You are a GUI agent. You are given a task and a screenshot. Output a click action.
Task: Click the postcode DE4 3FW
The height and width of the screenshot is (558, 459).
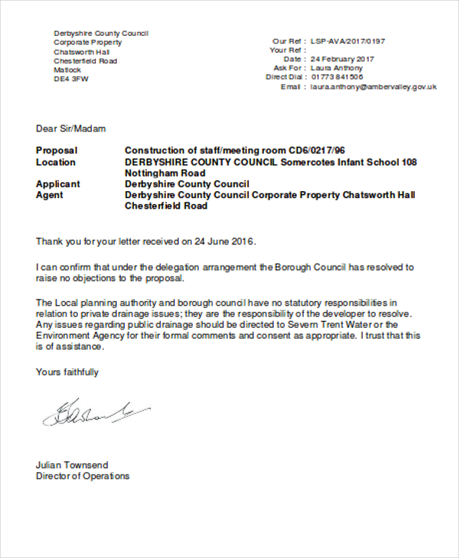pos(71,79)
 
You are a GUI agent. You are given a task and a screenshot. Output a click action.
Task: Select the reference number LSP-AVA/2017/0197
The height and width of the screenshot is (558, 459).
pos(348,41)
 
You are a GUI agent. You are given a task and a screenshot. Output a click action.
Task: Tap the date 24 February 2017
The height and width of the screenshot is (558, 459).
pos(342,59)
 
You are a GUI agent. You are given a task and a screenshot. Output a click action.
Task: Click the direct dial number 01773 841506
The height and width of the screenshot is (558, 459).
pos(337,77)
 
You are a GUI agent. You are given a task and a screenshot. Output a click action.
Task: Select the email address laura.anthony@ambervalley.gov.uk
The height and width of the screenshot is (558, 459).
pos(373,87)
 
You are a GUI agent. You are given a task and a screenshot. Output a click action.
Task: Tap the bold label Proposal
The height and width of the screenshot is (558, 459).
pos(57,151)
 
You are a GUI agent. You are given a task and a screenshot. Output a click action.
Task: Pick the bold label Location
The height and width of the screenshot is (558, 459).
pos(56,162)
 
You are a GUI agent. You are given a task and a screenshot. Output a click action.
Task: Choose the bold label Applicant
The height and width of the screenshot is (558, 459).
pos(58,184)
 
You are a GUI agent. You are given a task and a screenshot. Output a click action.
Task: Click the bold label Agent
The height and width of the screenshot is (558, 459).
pos(50,195)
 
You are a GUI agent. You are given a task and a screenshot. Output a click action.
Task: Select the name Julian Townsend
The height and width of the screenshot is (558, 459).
pos(72,465)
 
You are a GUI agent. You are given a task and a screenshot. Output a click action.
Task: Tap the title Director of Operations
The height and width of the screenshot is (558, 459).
pos(83,476)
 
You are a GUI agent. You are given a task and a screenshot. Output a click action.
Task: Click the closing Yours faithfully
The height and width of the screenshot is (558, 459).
pos(67,372)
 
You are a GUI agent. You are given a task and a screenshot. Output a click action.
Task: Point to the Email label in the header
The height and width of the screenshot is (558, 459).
pos(291,87)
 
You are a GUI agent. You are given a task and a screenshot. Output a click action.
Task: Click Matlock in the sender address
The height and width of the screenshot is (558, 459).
pos(67,70)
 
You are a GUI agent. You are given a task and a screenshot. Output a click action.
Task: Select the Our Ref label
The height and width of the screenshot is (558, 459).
pos(287,41)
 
